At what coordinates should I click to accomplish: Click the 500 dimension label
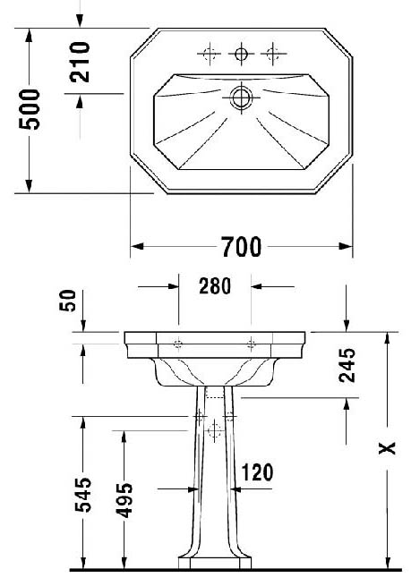30,109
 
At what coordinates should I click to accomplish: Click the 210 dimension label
80,62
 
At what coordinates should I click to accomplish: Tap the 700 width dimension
241,247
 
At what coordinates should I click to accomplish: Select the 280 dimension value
215,286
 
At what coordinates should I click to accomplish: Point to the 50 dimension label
68,301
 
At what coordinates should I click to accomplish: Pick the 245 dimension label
347,365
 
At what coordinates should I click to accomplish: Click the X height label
387,447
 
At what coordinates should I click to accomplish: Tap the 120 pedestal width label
257,472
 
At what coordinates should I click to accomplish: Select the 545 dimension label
83,495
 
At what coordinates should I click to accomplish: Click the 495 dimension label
124,501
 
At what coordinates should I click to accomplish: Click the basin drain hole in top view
241,98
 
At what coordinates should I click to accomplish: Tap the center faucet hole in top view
241,54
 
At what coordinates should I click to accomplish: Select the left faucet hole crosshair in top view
209,54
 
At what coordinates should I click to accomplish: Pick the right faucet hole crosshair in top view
273,54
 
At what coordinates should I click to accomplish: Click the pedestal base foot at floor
215,563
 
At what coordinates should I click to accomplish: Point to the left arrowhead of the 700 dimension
137,246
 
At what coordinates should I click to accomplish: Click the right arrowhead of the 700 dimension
346,246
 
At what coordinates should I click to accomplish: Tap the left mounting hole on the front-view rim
178,343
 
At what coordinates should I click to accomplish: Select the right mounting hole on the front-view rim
251,343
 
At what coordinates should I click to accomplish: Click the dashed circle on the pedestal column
215,430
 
